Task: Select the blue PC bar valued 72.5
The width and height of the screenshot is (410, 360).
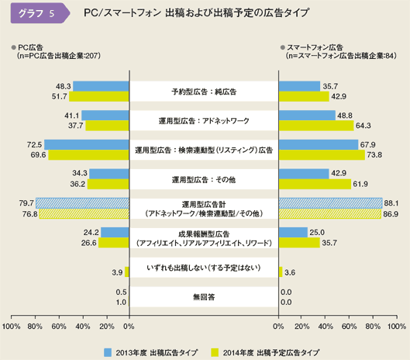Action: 87,144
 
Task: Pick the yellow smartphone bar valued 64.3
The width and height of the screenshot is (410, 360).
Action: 317,125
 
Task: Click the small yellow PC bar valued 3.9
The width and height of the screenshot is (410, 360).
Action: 127,272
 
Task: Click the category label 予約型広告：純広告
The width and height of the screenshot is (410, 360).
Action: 204,92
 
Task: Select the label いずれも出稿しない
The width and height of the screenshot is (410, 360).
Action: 204,268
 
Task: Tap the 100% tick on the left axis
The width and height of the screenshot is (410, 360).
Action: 12,327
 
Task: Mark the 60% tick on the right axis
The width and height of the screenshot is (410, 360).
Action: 350,327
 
